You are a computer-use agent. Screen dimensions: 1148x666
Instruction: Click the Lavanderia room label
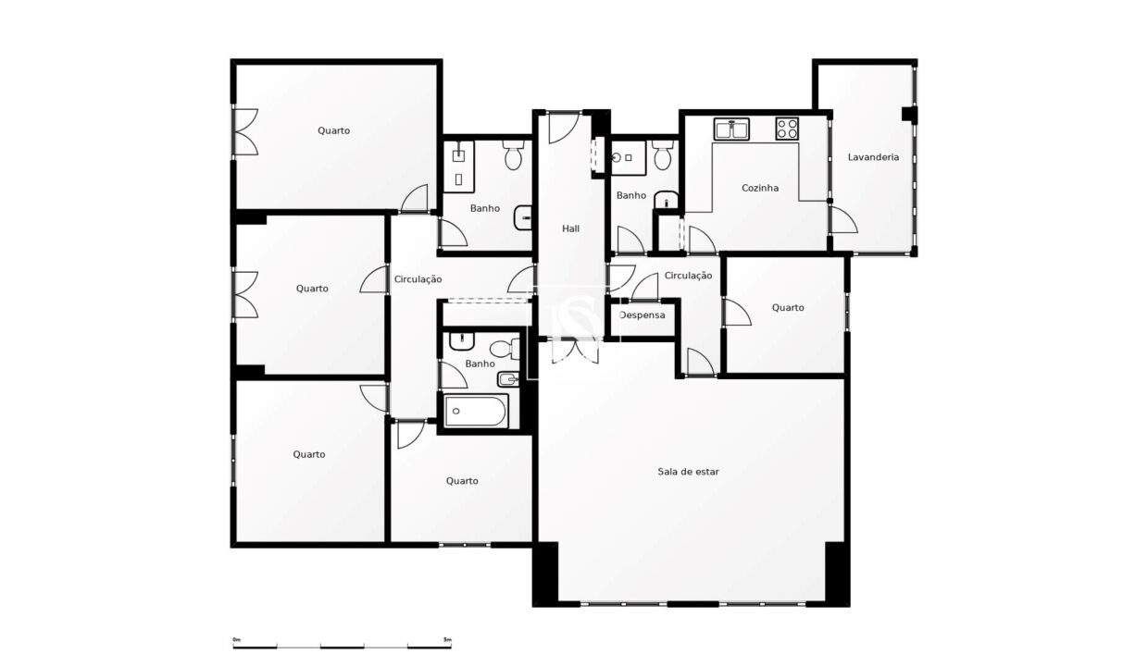pos(873,157)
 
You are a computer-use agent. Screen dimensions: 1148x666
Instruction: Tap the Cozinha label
pos(760,188)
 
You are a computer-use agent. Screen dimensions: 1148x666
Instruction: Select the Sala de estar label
pos(688,472)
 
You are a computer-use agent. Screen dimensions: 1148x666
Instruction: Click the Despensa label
pos(643,315)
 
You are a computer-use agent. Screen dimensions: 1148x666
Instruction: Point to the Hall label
pos(570,228)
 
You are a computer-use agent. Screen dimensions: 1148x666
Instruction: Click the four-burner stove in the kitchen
pos(787,129)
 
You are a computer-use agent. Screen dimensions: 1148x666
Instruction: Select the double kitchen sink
pos(731,129)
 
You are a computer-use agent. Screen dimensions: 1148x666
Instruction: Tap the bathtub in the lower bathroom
pos(476,411)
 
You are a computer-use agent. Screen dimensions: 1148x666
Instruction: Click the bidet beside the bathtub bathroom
pos(508,379)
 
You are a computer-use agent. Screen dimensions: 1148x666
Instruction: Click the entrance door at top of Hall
pos(564,128)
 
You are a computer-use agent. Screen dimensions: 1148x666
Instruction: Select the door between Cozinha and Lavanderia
pos(843,220)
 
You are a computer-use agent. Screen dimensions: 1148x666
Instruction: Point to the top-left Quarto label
pos(333,130)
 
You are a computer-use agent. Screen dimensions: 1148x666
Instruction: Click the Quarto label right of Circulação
pos(788,308)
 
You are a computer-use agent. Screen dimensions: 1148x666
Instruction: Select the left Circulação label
pos(418,279)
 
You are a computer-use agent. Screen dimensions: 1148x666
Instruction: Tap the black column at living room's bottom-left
pos(546,573)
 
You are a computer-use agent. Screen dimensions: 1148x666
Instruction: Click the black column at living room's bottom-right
pos(837,573)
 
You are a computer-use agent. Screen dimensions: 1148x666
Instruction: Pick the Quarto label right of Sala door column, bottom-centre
pos(462,481)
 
